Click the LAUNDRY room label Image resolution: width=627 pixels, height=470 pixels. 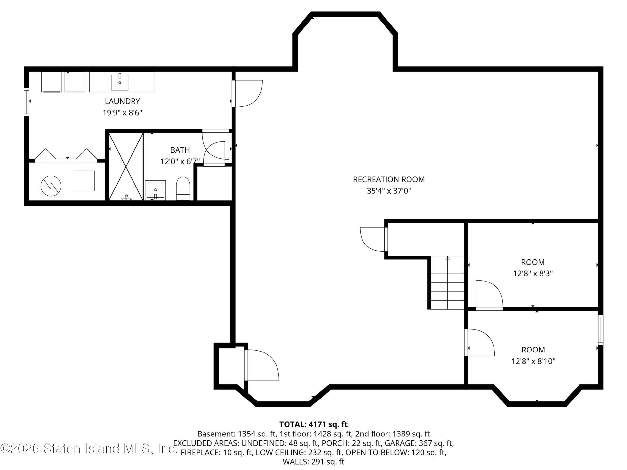point(122,101)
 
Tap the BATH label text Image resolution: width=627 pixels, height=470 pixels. point(180,150)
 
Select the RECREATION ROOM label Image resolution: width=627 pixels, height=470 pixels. point(389,179)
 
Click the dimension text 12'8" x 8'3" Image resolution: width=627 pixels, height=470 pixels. point(533,274)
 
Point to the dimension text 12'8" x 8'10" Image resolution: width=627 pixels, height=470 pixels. point(533,361)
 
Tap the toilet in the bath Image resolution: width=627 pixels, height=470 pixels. point(183,188)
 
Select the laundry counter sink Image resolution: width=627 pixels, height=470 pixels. point(120,82)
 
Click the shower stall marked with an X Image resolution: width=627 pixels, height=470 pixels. point(126,167)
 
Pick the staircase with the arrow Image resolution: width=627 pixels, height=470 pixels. point(447,282)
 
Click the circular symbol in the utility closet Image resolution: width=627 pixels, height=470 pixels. point(51,186)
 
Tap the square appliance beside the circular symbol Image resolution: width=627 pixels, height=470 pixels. point(84,181)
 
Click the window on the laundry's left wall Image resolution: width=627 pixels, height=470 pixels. point(26,102)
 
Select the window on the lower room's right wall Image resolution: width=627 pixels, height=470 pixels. point(601,330)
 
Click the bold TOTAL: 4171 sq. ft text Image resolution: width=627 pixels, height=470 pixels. point(313,424)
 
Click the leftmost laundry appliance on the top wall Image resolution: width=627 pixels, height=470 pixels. point(52,82)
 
